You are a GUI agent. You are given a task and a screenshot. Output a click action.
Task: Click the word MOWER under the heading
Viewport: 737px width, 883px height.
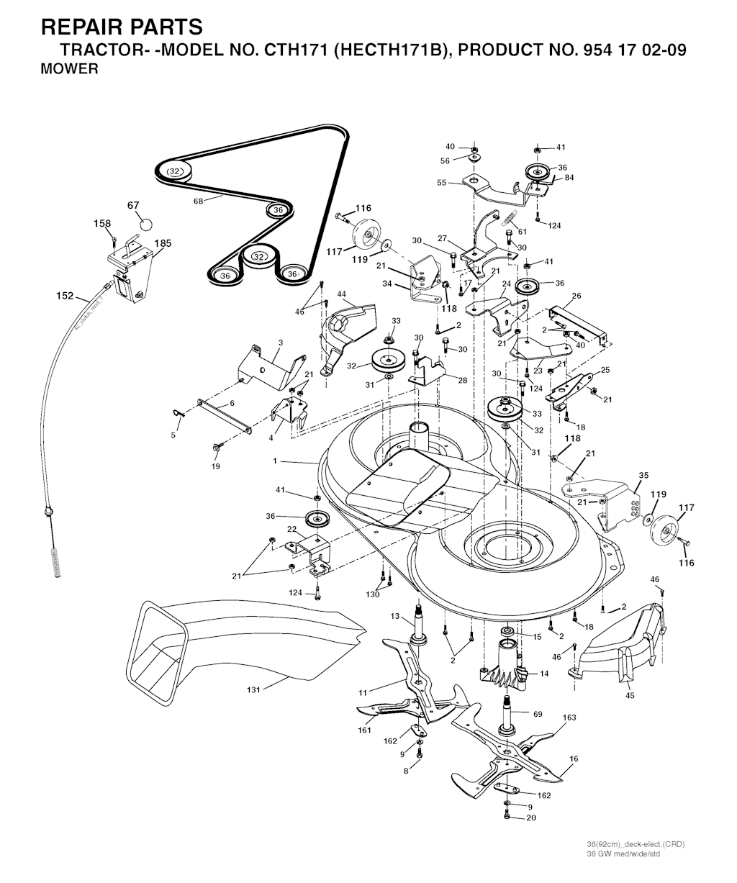[x=70, y=71]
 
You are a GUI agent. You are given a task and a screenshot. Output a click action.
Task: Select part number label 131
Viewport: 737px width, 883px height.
[x=253, y=689]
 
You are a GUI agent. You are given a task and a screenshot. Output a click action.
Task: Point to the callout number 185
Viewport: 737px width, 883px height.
[x=163, y=243]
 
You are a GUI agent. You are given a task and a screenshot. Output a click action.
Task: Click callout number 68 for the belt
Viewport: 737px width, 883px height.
[x=198, y=201]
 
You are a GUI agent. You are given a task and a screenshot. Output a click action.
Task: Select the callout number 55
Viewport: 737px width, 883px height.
[x=442, y=183]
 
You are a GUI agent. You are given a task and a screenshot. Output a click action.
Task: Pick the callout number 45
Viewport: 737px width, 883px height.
[x=630, y=695]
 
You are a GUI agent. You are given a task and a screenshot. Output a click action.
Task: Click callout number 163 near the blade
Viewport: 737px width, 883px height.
[x=569, y=717]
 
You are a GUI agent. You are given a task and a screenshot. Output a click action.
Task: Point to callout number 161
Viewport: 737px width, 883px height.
[x=365, y=730]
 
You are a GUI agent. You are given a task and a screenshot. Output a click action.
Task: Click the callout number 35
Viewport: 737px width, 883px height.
[x=643, y=475]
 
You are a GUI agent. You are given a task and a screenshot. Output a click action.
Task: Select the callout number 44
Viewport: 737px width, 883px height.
[x=342, y=294]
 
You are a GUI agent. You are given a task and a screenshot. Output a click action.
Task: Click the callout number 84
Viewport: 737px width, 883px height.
[x=569, y=177]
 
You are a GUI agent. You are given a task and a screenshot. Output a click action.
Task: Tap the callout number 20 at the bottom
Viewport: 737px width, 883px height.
[x=531, y=818]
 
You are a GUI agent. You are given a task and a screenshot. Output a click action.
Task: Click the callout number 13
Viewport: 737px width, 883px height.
[x=395, y=616]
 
